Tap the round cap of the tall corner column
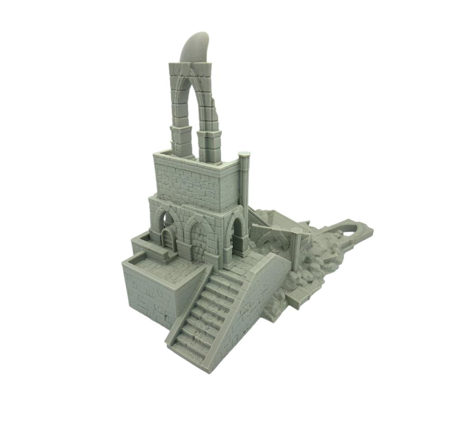pos(244,154)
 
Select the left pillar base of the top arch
pos(181,141)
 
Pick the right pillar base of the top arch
pos(209,146)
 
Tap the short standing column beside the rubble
pos(297,251)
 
